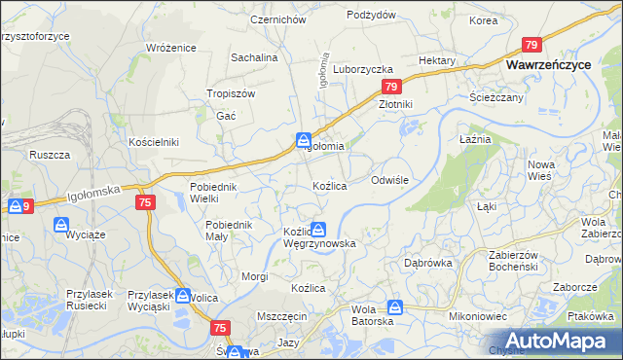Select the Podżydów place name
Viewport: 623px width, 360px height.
pyautogui.click(x=371, y=15)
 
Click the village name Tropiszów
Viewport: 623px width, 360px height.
pyautogui.click(x=231, y=93)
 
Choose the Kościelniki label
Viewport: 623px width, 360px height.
pyautogui.click(x=154, y=141)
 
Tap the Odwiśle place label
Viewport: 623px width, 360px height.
pyautogui.click(x=395, y=181)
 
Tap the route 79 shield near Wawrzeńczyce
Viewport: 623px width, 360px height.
pyautogui.click(x=531, y=45)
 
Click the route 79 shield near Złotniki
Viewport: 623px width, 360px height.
pyautogui.click(x=388, y=87)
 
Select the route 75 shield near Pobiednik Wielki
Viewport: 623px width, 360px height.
pyautogui.click(x=144, y=201)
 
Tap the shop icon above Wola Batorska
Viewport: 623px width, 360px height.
pyautogui.click(x=393, y=306)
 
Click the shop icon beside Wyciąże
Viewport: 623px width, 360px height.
pyautogui.click(x=61, y=226)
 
